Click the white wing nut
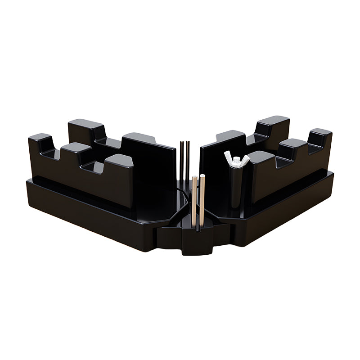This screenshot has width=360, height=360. (237, 160)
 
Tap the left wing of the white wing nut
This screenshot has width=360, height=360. (229, 156)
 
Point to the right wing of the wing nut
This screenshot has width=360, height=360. (245, 158)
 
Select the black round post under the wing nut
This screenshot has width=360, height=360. (236, 189)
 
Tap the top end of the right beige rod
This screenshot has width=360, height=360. (202, 176)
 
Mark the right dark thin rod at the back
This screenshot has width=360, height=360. (187, 162)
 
